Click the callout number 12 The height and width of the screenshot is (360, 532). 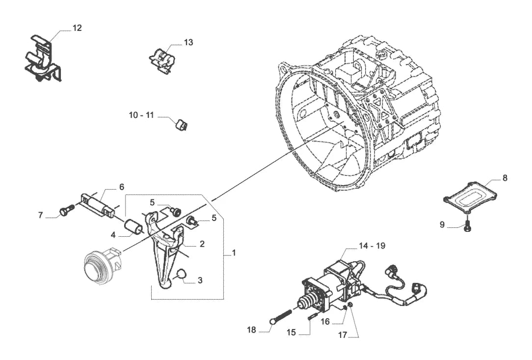pos(77,28)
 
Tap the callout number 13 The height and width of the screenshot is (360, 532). pos(188,42)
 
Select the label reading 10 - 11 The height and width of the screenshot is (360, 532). pos(141,115)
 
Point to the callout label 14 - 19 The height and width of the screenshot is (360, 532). pos(372,246)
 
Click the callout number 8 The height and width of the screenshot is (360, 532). pos(505,178)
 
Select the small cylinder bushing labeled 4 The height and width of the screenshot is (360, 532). pos(133,227)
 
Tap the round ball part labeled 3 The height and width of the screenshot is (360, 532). pos(182,275)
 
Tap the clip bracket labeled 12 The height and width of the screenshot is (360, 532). pos(43,59)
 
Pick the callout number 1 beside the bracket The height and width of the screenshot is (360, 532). pos(234,253)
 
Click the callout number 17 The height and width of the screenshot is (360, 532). pos(343,335)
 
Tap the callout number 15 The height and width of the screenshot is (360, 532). pos(291,332)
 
